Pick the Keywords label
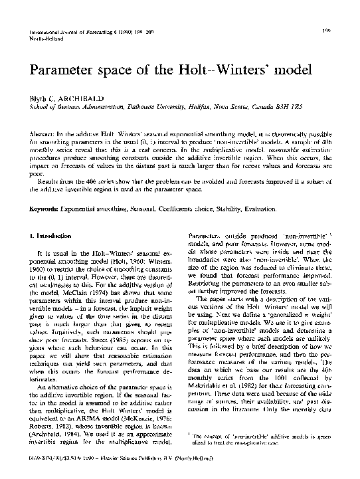click(42, 209)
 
